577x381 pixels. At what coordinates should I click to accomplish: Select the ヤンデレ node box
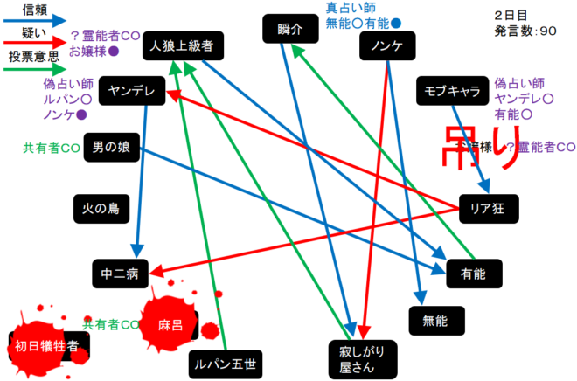pos(132,90)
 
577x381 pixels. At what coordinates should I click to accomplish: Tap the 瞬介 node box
pos(289,30)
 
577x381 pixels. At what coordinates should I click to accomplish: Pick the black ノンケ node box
pos(386,47)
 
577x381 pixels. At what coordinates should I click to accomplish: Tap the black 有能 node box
pos(472,274)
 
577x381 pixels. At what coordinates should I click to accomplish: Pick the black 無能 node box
pos(434,321)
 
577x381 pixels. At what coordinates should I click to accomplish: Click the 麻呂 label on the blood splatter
pos(170,324)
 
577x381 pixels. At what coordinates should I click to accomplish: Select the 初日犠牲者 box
pos(47,346)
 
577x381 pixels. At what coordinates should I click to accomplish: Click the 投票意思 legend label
pos(35,55)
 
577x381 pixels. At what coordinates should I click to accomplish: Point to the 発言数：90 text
pos(525,31)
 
